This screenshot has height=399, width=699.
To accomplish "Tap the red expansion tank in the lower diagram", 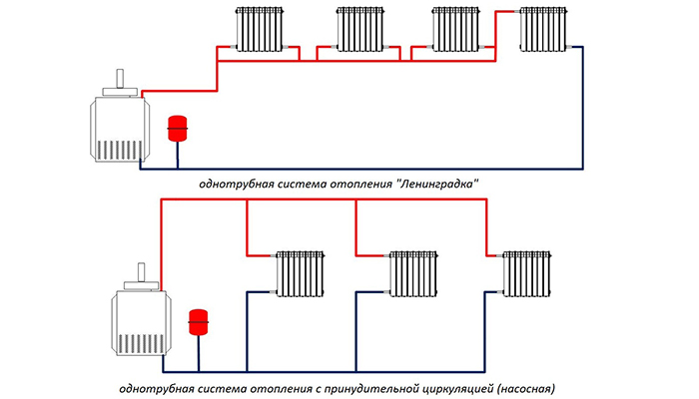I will point(198,322).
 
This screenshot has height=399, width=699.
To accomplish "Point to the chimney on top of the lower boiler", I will point(143,270).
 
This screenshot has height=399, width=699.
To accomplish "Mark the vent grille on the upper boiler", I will point(118,150).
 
